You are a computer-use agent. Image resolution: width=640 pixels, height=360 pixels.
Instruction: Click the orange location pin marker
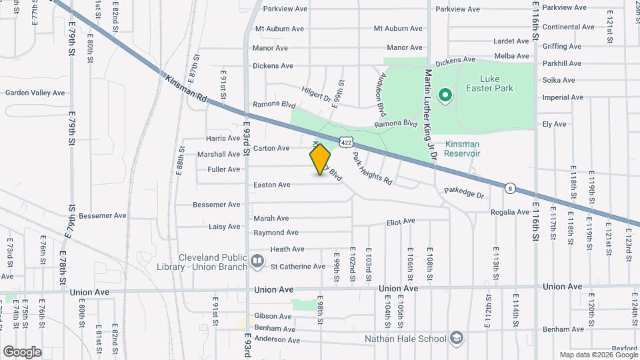point(321,159)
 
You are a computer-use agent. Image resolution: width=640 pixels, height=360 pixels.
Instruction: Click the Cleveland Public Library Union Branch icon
point(258,261)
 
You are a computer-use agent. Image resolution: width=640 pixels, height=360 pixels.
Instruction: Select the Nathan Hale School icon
point(456,338)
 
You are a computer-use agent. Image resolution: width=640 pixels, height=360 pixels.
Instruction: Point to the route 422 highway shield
point(345,141)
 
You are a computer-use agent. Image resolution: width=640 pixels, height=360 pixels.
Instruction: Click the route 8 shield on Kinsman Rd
point(510,188)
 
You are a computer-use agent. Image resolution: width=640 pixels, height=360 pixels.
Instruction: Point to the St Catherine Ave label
point(297,266)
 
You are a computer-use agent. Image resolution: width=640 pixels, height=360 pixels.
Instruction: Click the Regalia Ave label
point(509,212)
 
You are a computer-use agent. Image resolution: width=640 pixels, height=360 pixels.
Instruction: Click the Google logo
point(22,351)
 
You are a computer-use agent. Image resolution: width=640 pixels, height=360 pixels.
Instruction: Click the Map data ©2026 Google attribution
point(598,355)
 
